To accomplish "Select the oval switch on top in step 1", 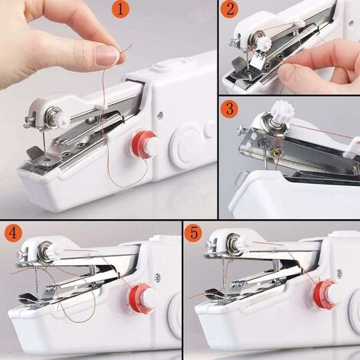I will pos(162,66).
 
